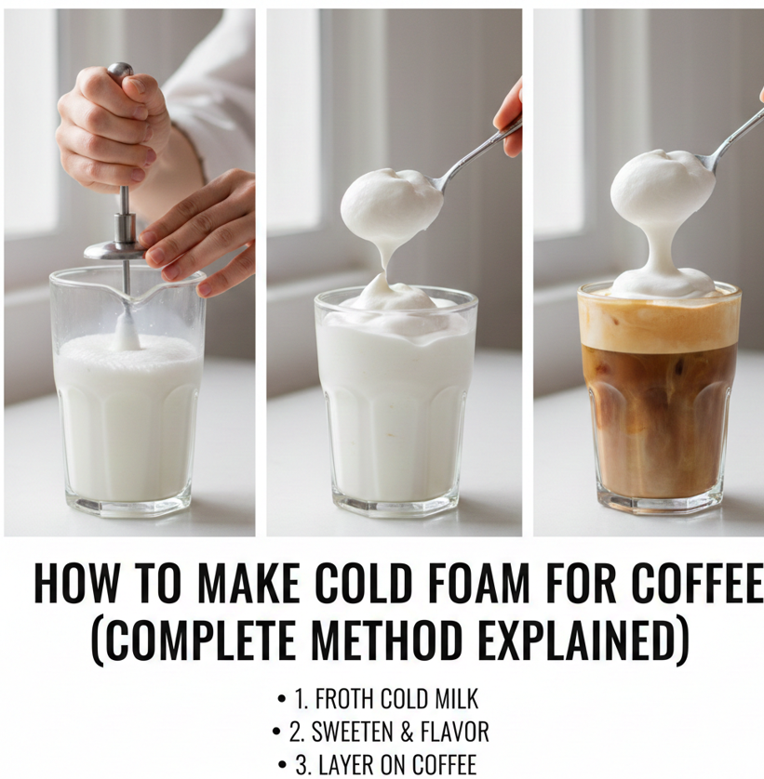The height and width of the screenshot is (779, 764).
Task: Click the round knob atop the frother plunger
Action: coord(120,69)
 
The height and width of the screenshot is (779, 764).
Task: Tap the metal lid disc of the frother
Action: coord(114,250)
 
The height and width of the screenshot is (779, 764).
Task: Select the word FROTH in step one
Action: coord(344,699)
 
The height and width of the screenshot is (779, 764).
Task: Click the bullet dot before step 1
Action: coord(282,699)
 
